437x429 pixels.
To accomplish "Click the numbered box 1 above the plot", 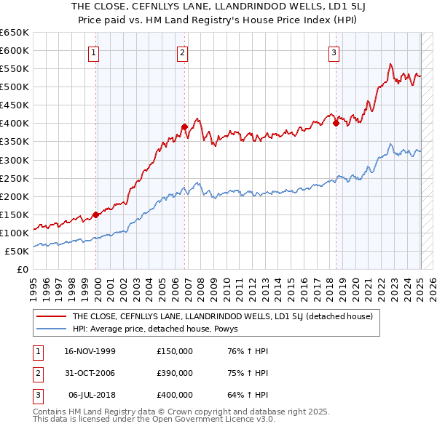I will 95,52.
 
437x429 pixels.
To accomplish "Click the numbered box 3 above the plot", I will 333,52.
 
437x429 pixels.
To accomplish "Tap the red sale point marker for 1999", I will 96,214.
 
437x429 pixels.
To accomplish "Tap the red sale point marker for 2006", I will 184,127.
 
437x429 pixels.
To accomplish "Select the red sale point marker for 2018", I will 336,123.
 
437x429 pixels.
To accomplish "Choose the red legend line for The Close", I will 51,316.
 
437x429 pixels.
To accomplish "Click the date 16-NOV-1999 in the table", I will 90,352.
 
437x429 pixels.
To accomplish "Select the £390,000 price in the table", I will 175,373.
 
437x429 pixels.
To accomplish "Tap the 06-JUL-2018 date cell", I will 90,395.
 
